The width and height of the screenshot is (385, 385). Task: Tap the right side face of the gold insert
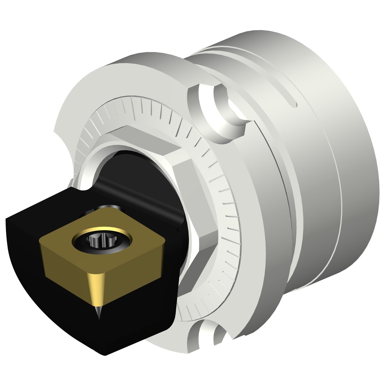coord(133,272)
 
